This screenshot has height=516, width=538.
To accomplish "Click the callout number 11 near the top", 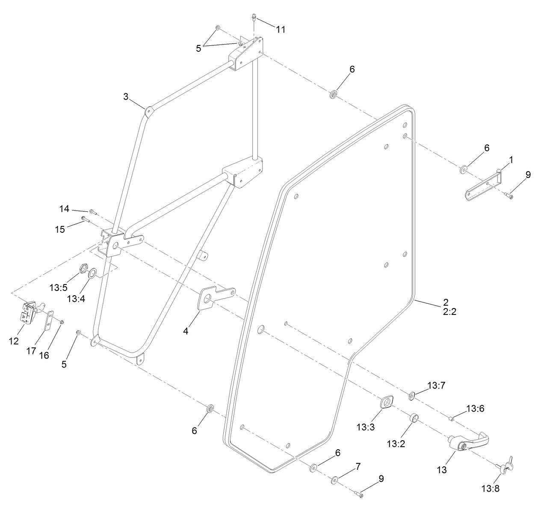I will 280,30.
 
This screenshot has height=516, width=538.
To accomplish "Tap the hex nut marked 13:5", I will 83,269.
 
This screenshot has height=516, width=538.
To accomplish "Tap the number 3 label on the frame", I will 126,97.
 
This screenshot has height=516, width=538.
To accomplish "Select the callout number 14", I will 64,209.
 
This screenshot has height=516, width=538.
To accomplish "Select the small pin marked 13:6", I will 451,418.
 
